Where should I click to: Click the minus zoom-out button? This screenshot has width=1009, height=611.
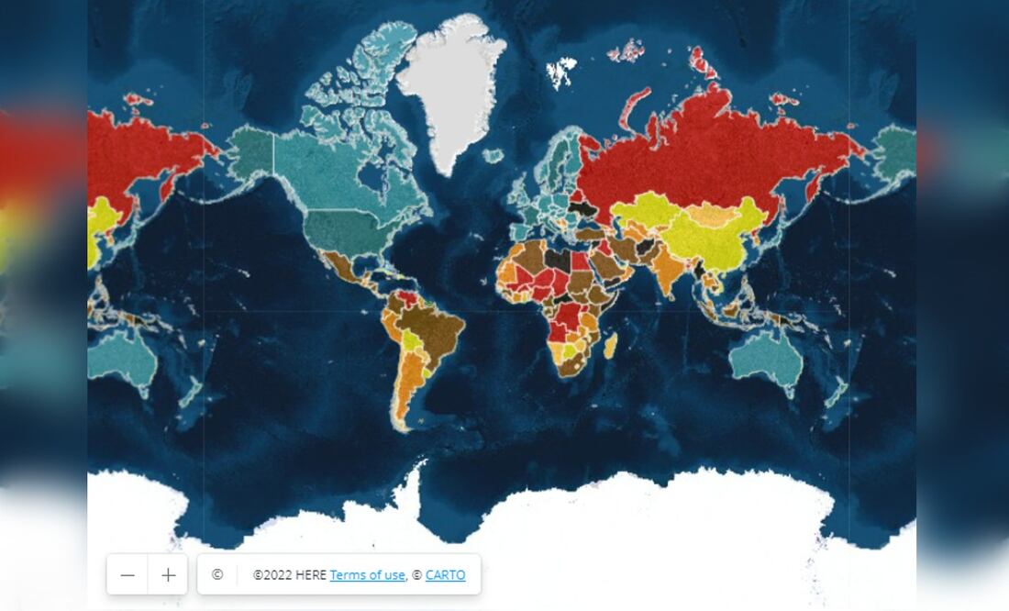[128, 575]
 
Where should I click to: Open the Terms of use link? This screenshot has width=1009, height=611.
[367, 575]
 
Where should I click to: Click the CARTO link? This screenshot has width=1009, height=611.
[445, 575]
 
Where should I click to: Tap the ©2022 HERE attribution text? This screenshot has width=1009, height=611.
[289, 575]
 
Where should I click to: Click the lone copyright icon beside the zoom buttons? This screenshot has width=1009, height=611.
[217, 575]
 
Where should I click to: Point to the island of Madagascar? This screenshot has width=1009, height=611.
[610, 347]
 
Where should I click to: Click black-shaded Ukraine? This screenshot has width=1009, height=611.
[583, 208]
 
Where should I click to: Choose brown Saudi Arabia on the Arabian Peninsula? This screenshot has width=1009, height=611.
[610, 266]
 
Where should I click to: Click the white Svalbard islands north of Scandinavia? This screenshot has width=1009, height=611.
[561, 69]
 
